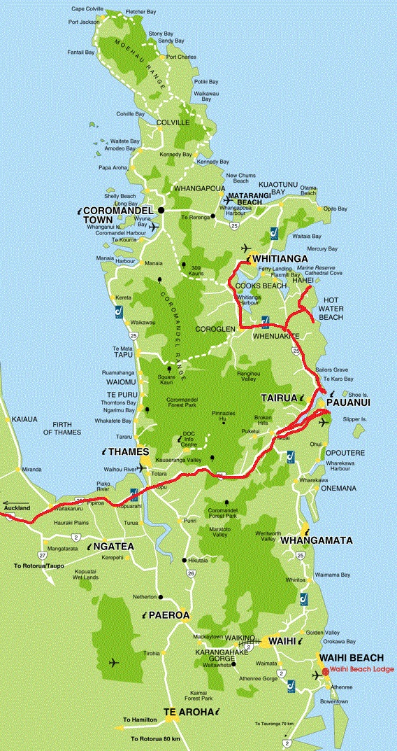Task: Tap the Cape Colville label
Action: [85, 9]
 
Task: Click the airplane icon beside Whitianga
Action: [245, 248]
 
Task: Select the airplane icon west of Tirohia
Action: [114, 662]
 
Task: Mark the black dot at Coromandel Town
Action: [160, 210]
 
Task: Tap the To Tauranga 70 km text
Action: [275, 723]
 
